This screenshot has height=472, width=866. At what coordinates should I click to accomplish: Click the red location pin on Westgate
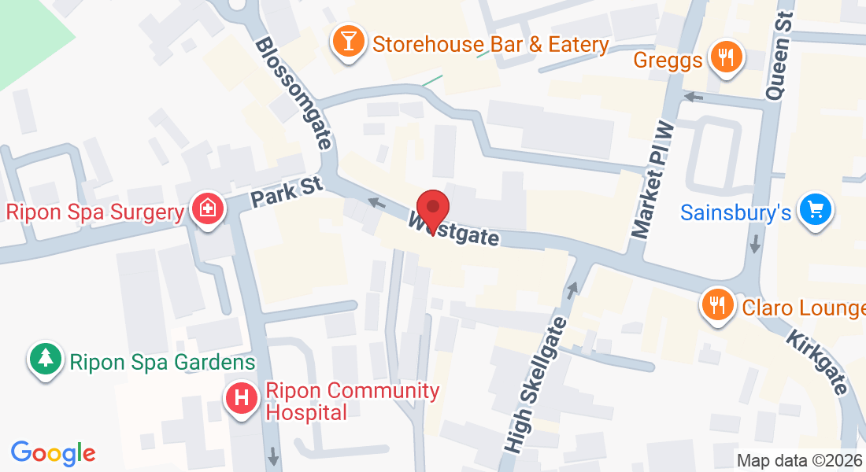click(x=433, y=208)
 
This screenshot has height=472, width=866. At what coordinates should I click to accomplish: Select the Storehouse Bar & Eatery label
click(x=490, y=44)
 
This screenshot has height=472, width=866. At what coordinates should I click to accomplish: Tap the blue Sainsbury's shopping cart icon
click(x=816, y=210)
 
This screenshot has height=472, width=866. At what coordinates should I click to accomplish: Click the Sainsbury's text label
click(x=736, y=212)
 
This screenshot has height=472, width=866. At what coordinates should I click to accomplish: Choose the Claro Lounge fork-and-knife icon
click(x=716, y=305)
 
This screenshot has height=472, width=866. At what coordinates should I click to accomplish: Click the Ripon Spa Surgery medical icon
click(x=208, y=209)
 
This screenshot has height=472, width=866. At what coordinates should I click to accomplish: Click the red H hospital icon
click(x=242, y=398)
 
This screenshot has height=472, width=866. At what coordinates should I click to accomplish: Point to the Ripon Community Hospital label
click(x=352, y=401)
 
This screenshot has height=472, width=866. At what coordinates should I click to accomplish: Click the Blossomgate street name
click(x=294, y=93)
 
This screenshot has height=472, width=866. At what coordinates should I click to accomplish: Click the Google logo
click(x=53, y=453)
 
